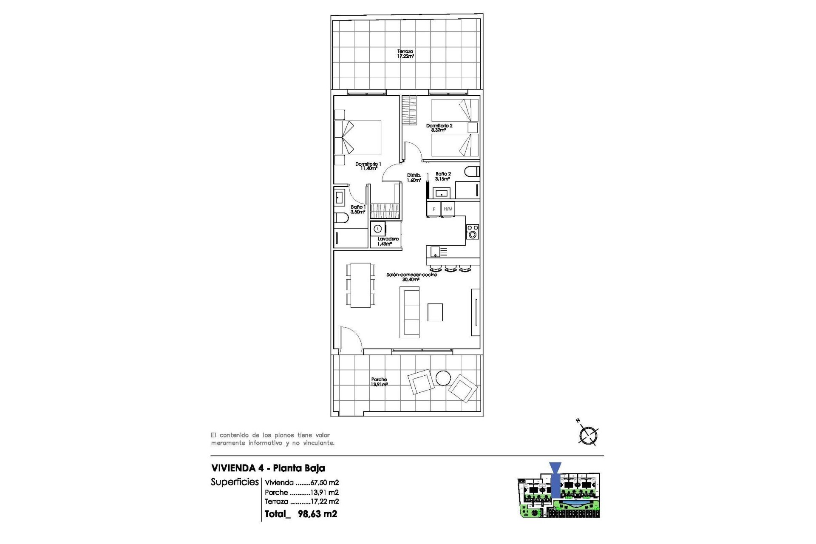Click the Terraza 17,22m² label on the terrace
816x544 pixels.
(x=405, y=54)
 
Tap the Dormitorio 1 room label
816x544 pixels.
(x=368, y=166)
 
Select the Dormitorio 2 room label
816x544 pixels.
(x=439, y=128)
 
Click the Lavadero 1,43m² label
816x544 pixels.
(x=388, y=241)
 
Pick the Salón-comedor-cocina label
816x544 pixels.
(x=411, y=277)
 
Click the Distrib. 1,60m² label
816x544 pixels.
(x=414, y=178)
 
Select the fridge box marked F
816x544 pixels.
(x=433, y=209)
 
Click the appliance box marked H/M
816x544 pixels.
(x=448, y=209)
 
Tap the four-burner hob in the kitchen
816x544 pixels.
(x=472, y=232)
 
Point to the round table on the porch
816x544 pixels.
(x=443, y=378)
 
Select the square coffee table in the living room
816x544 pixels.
(x=435, y=312)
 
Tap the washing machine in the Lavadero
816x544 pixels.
(x=378, y=229)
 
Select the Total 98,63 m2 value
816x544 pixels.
(x=317, y=514)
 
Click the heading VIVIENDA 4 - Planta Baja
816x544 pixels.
(x=268, y=468)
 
